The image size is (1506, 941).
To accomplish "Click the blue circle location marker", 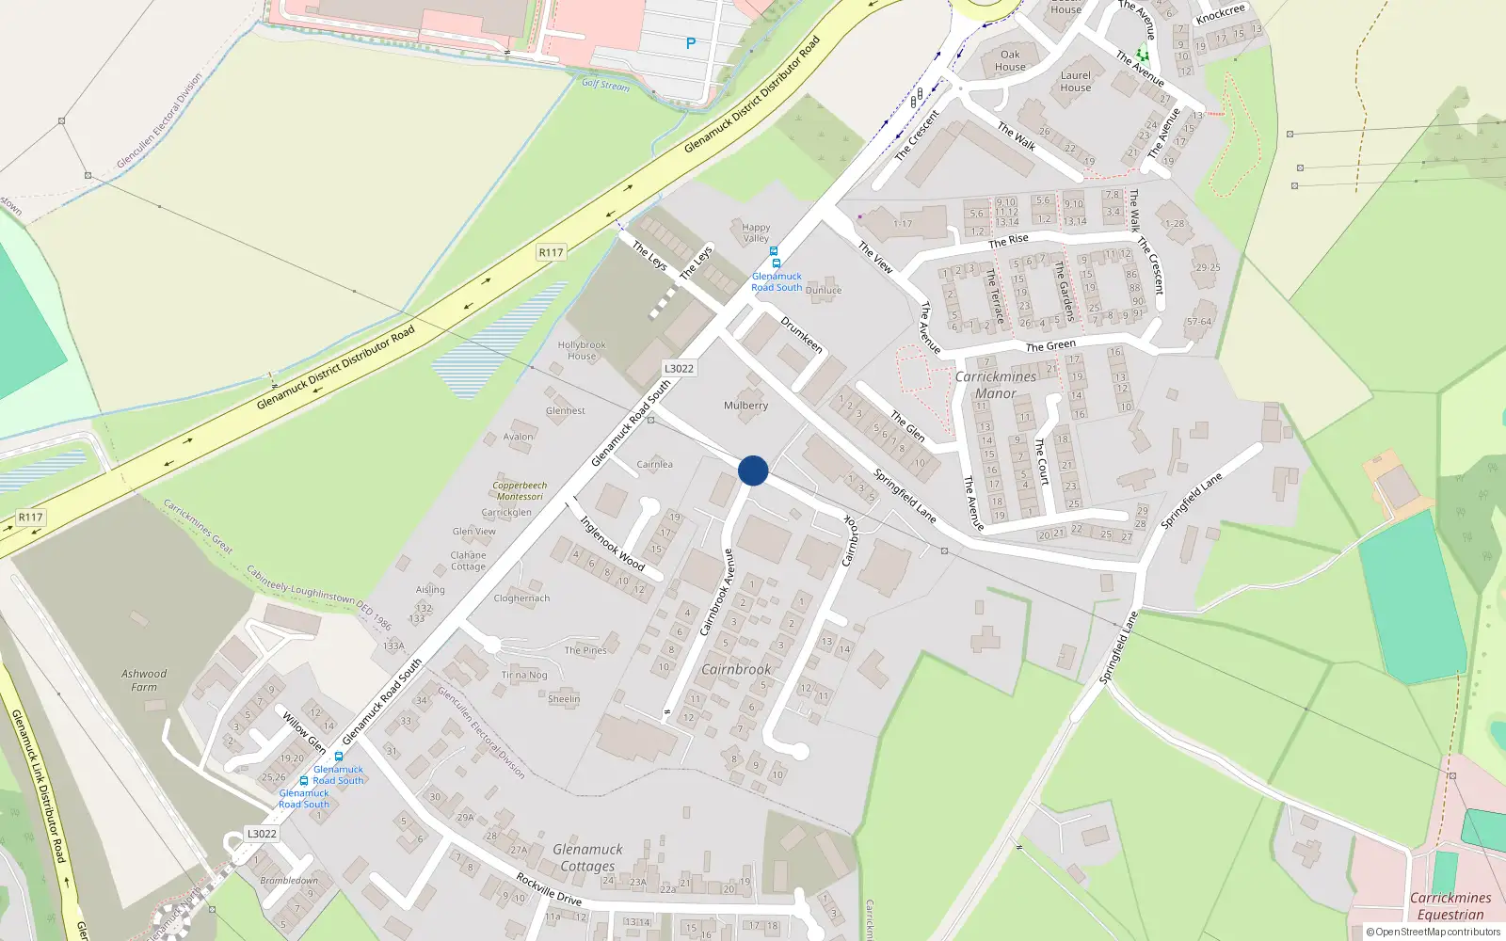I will coord(753,470).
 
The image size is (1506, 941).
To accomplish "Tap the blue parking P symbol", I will coord(691,43).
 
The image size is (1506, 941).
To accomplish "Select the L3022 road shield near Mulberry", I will coord(679,369).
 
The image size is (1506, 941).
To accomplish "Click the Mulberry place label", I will coord(745,406).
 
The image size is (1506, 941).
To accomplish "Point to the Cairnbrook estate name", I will coord(736,669).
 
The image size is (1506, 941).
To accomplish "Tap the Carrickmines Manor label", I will coord(996,385).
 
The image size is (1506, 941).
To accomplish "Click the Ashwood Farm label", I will coord(144,680).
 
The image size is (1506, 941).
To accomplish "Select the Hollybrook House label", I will coord(582,350).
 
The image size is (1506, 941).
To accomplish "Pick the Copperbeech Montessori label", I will coord(520,491).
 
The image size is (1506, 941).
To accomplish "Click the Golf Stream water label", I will coord(605,85).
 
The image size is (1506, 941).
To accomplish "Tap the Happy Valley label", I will coord(756,232).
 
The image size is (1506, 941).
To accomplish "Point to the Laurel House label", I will coord(1076,82).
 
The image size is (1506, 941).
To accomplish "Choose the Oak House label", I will coord(1010,61).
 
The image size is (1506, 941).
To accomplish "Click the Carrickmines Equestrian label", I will coord(1450,906).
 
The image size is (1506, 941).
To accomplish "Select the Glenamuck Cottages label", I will coord(587,857).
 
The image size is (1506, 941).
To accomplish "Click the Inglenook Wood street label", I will coord(612,544).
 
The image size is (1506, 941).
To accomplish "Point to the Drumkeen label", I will coord(802,335).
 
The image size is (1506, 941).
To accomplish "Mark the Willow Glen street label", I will coord(304,732).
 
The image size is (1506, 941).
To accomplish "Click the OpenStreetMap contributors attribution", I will coord(1433,933).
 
